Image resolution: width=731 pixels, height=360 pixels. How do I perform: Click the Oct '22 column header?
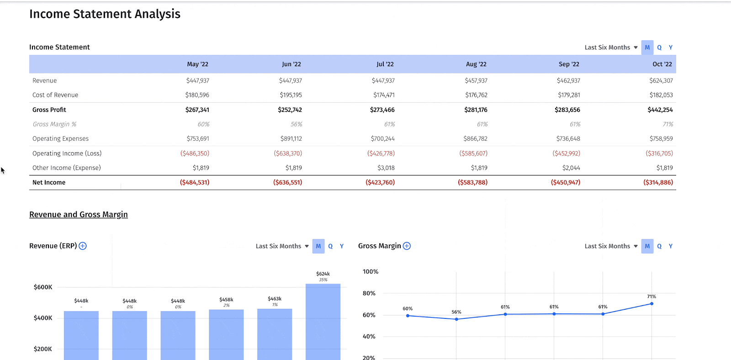point(662,64)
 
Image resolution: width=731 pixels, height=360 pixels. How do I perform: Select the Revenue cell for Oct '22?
point(661,80)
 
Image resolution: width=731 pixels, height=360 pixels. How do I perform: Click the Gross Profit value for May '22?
point(197,110)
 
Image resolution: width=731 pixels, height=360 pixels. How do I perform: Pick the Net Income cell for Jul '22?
point(380,182)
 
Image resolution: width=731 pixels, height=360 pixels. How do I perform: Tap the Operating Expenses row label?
point(60,138)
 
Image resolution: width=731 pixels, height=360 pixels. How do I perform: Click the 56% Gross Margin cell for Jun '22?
point(296,124)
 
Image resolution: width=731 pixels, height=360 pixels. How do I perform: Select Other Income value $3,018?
point(386,168)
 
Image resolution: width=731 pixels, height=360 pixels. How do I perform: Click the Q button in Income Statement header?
point(659,48)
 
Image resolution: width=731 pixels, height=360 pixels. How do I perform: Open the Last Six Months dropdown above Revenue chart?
point(282,246)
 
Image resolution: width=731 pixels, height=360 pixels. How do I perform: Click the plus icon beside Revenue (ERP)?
point(83,246)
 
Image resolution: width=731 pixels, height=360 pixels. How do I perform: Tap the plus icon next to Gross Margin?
point(407,246)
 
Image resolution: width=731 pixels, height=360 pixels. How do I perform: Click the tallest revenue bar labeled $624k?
point(323,320)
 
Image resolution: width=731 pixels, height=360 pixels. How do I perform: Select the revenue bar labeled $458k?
point(226,334)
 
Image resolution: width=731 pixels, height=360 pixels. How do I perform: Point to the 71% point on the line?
point(652,303)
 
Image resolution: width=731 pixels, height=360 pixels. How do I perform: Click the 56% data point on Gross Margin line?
point(456,319)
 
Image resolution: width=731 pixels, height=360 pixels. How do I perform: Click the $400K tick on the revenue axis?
point(43,318)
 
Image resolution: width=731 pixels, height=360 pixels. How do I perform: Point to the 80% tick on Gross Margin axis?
point(369,293)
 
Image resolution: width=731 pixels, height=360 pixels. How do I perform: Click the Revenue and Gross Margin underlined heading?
point(79,215)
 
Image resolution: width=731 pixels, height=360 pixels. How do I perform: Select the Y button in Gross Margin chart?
point(670,246)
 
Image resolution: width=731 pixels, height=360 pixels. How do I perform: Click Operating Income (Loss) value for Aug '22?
point(473,154)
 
